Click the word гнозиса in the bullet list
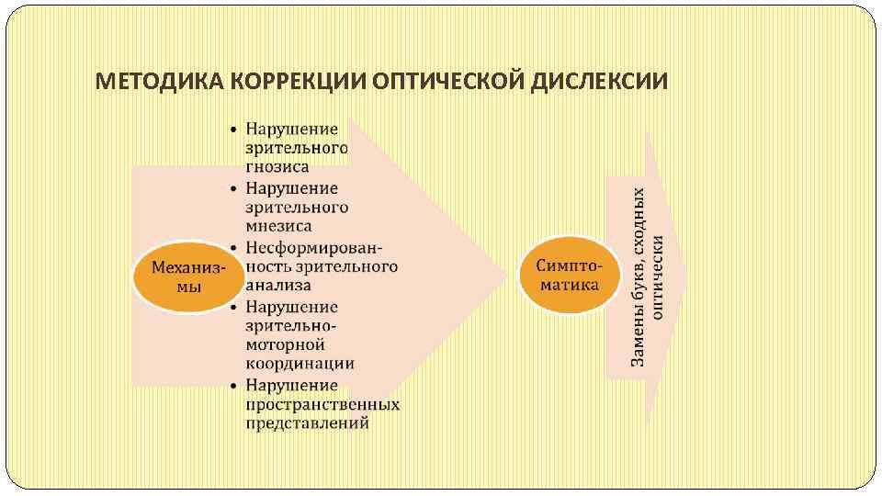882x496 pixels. pos(277,167)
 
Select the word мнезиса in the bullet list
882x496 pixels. pos(278,225)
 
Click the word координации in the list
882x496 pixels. pos(300,363)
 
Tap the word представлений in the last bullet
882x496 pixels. pos(307,423)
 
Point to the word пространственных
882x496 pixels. pos(322,404)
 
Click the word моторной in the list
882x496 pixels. pos(285,344)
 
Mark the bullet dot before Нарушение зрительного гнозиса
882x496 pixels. pos(235,130)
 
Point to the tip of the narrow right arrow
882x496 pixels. pos(685,276)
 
